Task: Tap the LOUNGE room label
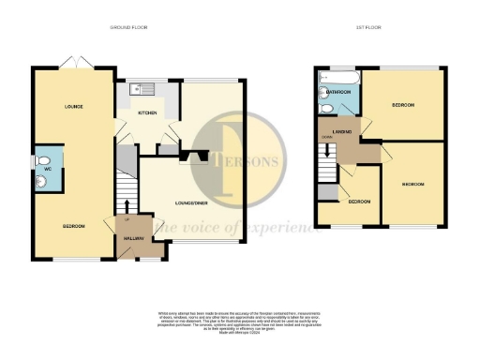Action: coord(74,106)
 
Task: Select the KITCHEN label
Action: coord(148,112)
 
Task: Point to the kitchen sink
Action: coord(140,89)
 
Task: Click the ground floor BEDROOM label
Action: coord(74,228)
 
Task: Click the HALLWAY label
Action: coord(134,240)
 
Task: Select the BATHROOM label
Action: coord(339,92)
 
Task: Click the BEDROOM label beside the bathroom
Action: coord(404,104)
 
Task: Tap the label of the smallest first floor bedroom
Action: coord(359,202)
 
